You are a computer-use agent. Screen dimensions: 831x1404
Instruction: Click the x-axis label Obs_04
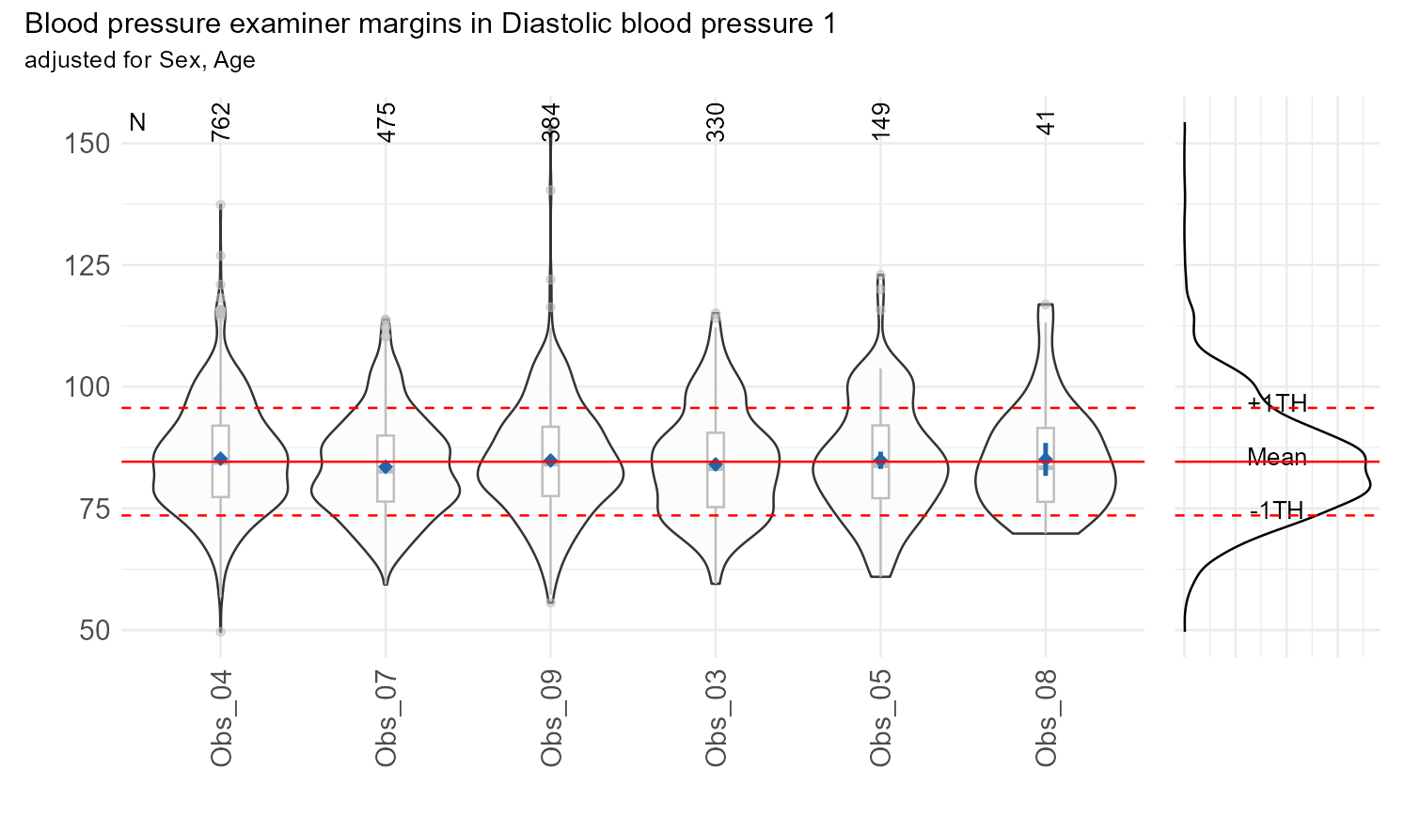tap(221, 719)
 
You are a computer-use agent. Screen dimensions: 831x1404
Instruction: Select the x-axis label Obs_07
tap(386, 719)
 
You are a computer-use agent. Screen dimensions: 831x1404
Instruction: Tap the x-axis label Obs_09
tap(551, 719)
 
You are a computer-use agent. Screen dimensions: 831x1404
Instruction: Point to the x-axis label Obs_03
tap(716, 719)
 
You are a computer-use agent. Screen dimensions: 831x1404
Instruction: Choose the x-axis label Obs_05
tap(881, 719)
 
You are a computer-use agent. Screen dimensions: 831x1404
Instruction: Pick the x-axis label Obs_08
tap(1046, 719)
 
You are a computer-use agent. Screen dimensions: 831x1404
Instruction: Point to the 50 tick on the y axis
tap(95, 630)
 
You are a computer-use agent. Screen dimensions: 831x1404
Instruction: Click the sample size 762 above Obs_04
tap(221, 123)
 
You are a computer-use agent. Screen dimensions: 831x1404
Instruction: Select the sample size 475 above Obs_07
tap(386, 123)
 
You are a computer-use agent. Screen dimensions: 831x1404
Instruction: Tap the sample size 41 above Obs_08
tap(1046, 123)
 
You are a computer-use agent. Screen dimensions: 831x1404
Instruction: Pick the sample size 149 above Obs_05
tap(881, 123)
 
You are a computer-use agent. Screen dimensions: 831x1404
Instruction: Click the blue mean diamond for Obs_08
tap(1046, 459)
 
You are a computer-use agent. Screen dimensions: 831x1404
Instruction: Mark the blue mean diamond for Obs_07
tap(386, 467)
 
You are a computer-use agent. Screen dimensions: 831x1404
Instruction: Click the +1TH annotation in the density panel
tap(1277, 404)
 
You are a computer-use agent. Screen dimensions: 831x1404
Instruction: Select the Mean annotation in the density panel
tap(1277, 458)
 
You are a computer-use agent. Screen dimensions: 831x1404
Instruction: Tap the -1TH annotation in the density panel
tap(1277, 510)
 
